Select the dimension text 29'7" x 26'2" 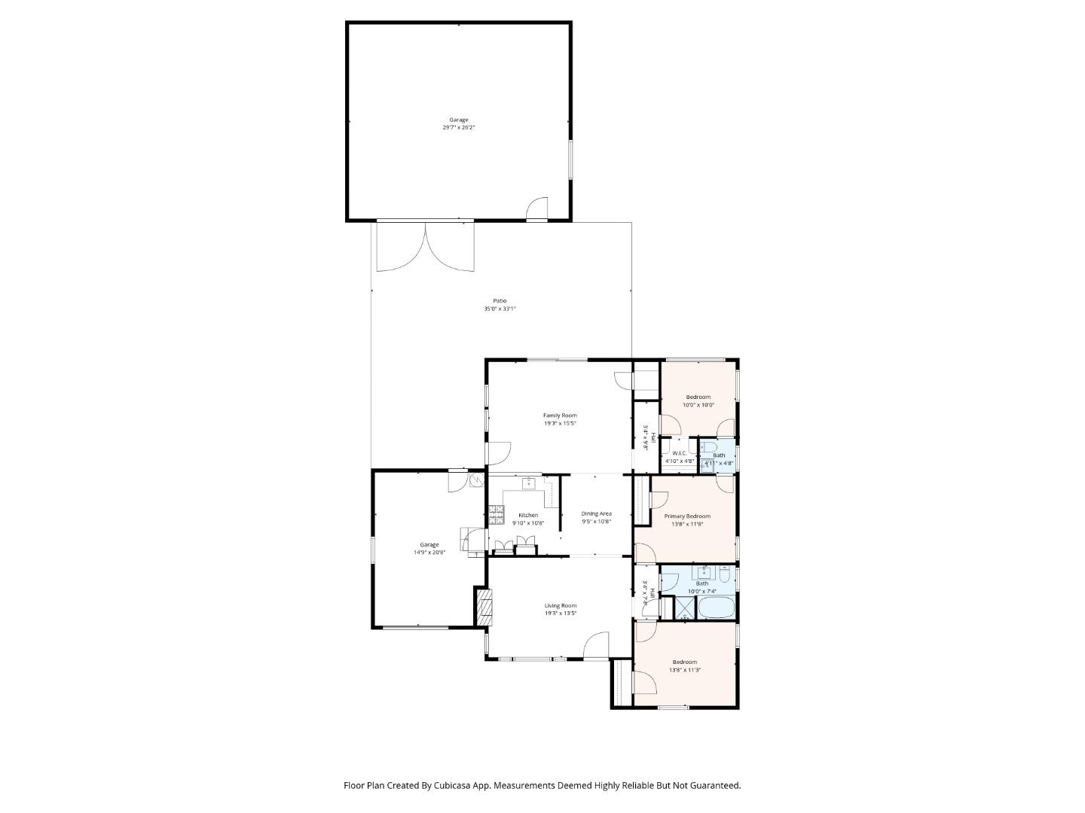pyautogui.click(x=458, y=128)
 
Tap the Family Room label pyautogui.click(x=560, y=416)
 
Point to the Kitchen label pyautogui.click(x=528, y=516)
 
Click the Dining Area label pyautogui.click(x=596, y=514)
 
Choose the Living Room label pyautogui.click(x=561, y=605)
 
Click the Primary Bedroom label pyautogui.click(x=686, y=516)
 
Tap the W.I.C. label pyautogui.click(x=679, y=453)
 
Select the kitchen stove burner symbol pyautogui.click(x=496, y=516)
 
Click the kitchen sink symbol pyautogui.click(x=529, y=483)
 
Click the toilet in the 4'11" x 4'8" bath pyautogui.click(x=709, y=448)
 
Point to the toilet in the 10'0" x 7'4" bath pyautogui.click(x=723, y=576)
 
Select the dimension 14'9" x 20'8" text pyautogui.click(x=429, y=553)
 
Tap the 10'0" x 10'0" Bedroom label pyautogui.click(x=698, y=397)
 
